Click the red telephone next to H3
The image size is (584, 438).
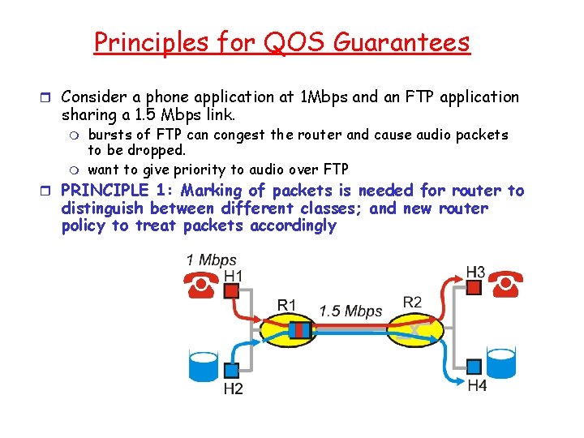pos(506,283)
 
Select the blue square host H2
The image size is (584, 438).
pos(231,370)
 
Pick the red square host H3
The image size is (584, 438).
pos(474,288)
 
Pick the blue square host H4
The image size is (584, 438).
pos(474,367)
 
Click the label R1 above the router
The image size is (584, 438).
pos(287,305)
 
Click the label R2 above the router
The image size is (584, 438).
pos(412,303)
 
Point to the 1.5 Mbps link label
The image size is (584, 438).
pos(350,311)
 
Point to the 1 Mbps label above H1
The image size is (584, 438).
pos(211,260)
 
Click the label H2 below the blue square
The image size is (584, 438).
pos(233,389)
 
